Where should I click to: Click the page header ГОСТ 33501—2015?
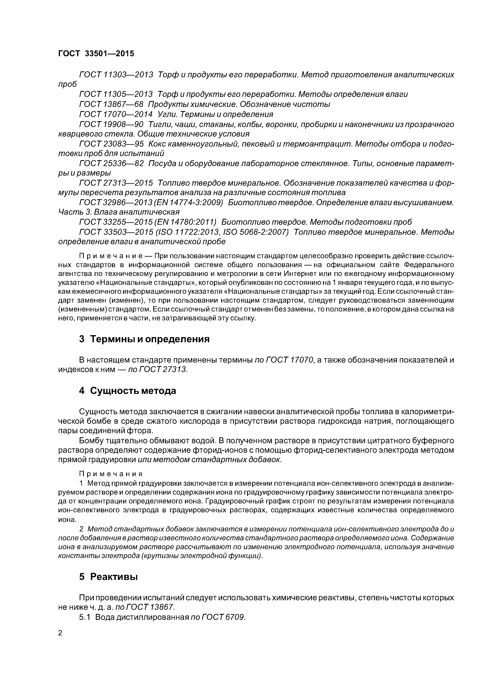[96, 54]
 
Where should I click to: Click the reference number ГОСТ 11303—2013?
[116, 74]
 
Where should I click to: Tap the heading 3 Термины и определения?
[144, 339]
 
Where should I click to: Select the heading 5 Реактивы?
[108, 577]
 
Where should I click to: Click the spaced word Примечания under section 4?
[111, 474]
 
